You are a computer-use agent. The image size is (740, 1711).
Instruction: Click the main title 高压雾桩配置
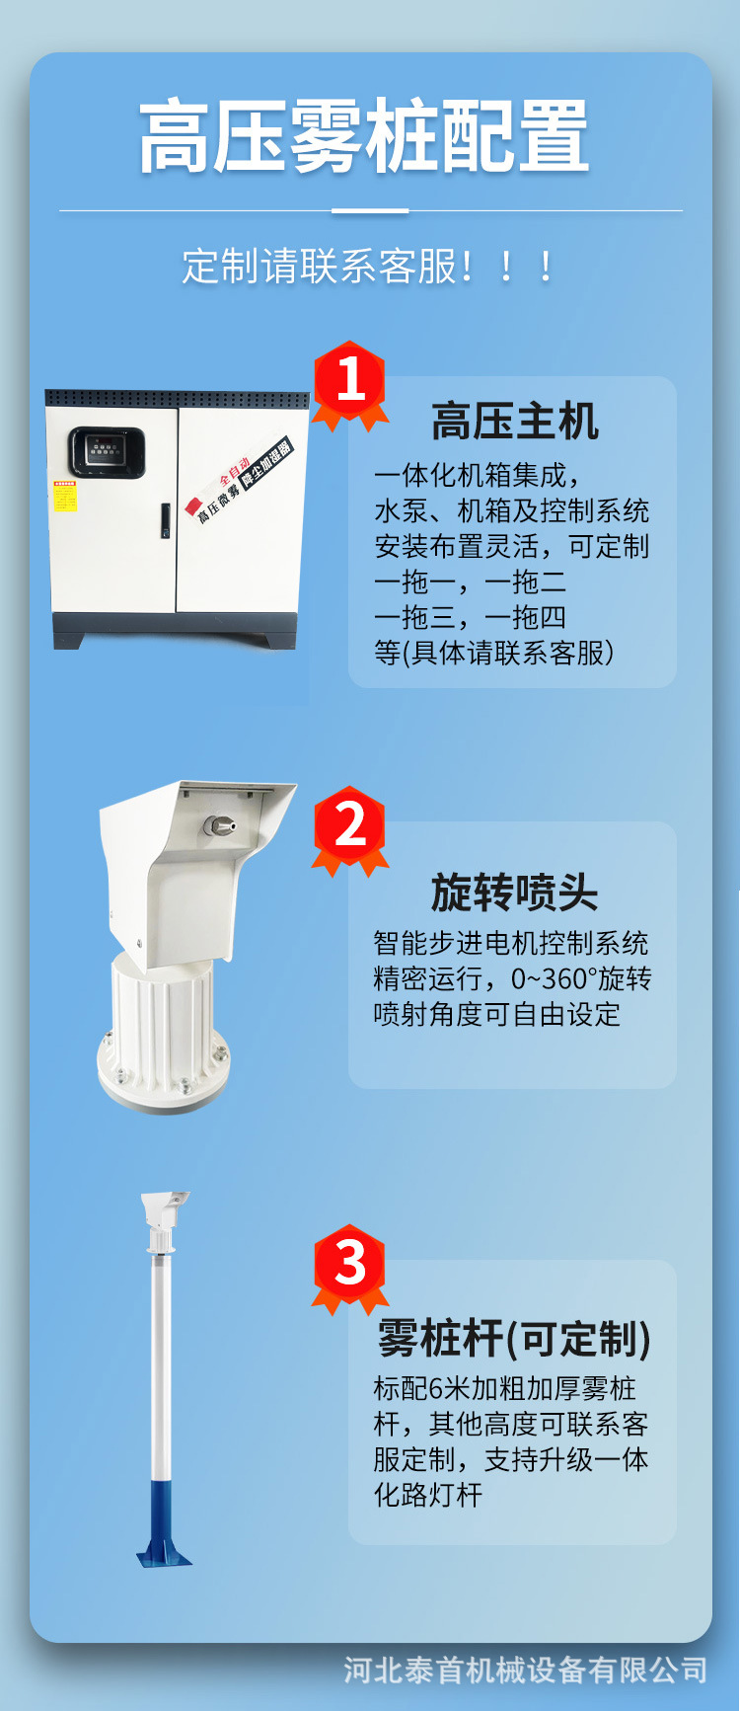[x=364, y=137]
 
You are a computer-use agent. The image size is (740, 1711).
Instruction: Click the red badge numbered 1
[x=350, y=382]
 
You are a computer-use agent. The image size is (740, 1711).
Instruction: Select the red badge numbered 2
[x=350, y=827]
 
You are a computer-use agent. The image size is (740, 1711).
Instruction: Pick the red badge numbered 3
[x=350, y=1266]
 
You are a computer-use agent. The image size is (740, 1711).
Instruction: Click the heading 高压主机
[x=514, y=422]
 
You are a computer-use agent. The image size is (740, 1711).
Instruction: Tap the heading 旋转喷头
[x=514, y=893]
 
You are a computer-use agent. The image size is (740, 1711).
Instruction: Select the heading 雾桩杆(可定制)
[x=514, y=1339]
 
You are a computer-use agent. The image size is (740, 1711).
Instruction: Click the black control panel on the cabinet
[x=107, y=452]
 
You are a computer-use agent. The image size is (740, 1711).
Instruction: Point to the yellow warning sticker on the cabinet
[x=64, y=497]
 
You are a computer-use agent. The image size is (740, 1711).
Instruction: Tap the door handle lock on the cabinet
[x=166, y=520]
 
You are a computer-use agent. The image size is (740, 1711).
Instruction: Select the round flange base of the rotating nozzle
[x=164, y=1076]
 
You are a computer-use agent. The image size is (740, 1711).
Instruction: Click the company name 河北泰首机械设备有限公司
[x=525, y=1670]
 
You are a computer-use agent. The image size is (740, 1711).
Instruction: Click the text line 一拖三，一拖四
[x=471, y=617]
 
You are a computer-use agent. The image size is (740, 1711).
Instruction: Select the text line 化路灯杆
[x=428, y=1495]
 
